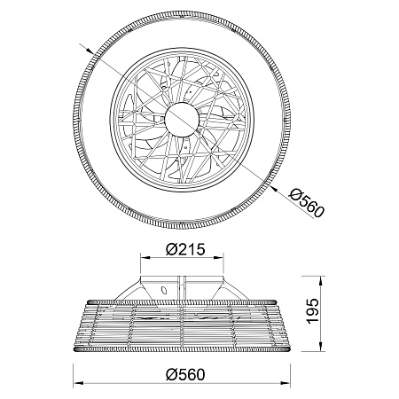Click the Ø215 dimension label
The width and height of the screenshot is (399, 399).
pyautogui.click(x=185, y=249)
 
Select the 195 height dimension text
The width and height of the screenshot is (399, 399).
pyautogui.click(x=313, y=311)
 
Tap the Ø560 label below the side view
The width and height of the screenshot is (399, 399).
pyautogui.click(x=185, y=375)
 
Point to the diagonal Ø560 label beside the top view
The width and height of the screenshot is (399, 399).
pyautogui.click(x=307, y=203)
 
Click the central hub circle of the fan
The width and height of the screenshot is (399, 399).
pyautogui.click(x=182, y=120)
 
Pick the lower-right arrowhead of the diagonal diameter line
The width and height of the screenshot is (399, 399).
pyautogui.click(x=273, y=188)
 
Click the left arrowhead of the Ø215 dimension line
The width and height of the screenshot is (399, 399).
pyautogui.click(x=145, y=258)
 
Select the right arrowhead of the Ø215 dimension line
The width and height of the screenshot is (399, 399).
pyautogui.click(x=219, y=258)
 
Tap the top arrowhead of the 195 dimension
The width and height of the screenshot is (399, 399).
pyautogui.click(x=320, y=280)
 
